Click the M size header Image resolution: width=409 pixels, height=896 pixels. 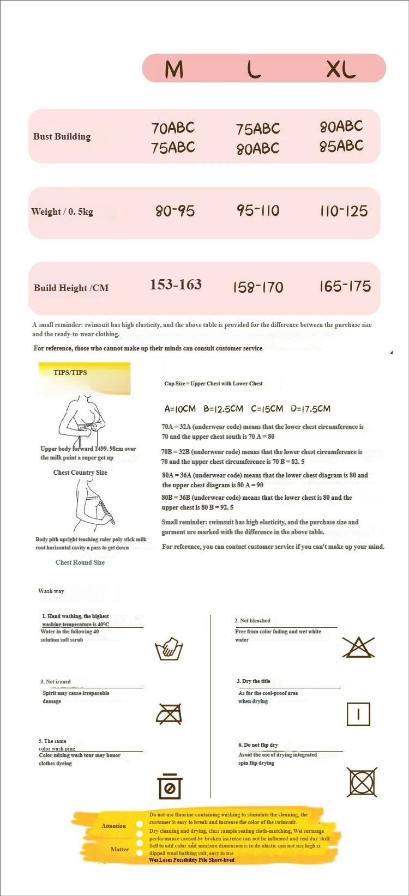coord(174,69)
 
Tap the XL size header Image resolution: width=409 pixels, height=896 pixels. coord(341,69)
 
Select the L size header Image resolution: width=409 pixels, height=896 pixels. coord(254,69)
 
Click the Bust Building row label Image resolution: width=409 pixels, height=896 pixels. coord(62,136)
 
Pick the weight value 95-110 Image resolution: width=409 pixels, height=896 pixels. coord(258,210)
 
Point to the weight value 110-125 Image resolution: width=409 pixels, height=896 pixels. coord(344,211)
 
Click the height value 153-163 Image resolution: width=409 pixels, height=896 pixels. coord(176,284)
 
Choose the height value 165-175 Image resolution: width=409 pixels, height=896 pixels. coord(345,286)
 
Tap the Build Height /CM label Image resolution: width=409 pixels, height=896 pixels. coord(71,288)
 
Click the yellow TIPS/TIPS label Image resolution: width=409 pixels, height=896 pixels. coord(70,373)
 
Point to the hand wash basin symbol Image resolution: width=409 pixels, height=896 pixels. coord(169,648)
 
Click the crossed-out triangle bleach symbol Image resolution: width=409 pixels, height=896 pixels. coord(358,647)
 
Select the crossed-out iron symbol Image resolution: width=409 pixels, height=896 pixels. coord(169,713)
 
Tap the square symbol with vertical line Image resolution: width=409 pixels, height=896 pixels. coord(358,714)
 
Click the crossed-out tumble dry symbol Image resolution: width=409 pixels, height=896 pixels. coord(362,782)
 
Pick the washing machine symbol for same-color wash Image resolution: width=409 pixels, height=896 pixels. coord(170,786)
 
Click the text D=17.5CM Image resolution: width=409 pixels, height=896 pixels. coord(310,409)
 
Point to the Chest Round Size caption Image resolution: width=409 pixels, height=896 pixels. coord(80,562)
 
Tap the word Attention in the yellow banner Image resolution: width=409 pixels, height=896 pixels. coord(113,826)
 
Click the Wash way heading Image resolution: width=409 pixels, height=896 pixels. coord(51,591)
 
